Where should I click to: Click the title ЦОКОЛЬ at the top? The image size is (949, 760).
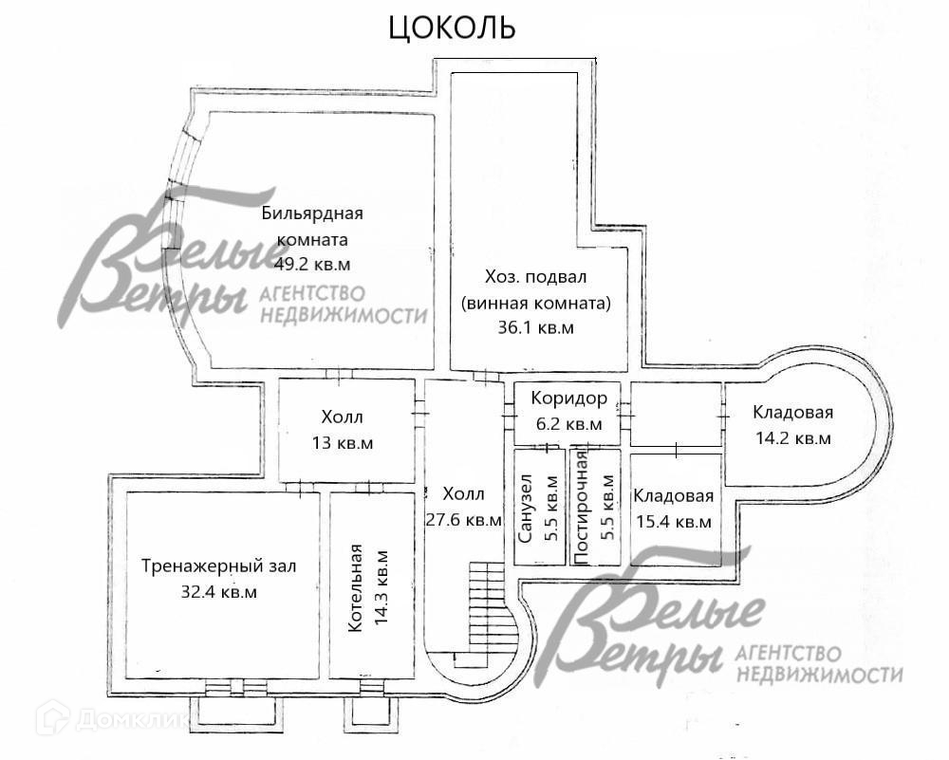(453, 28)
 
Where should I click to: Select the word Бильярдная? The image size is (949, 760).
(312, 213)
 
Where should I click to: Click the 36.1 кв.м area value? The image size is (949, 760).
(536, 328)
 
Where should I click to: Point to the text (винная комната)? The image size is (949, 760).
(536, 304)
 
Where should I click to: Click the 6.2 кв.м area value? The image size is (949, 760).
(568, 424)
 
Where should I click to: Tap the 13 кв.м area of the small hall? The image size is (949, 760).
(342, 442)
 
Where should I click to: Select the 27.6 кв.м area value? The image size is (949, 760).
(464, 519)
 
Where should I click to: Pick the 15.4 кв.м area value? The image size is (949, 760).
(673, 522)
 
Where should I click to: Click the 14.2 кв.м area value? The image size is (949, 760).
(792, 438)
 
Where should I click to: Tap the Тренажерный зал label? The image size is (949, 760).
(218, 566)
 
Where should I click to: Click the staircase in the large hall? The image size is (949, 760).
(490, 607)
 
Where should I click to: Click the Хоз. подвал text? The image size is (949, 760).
(536, 277)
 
